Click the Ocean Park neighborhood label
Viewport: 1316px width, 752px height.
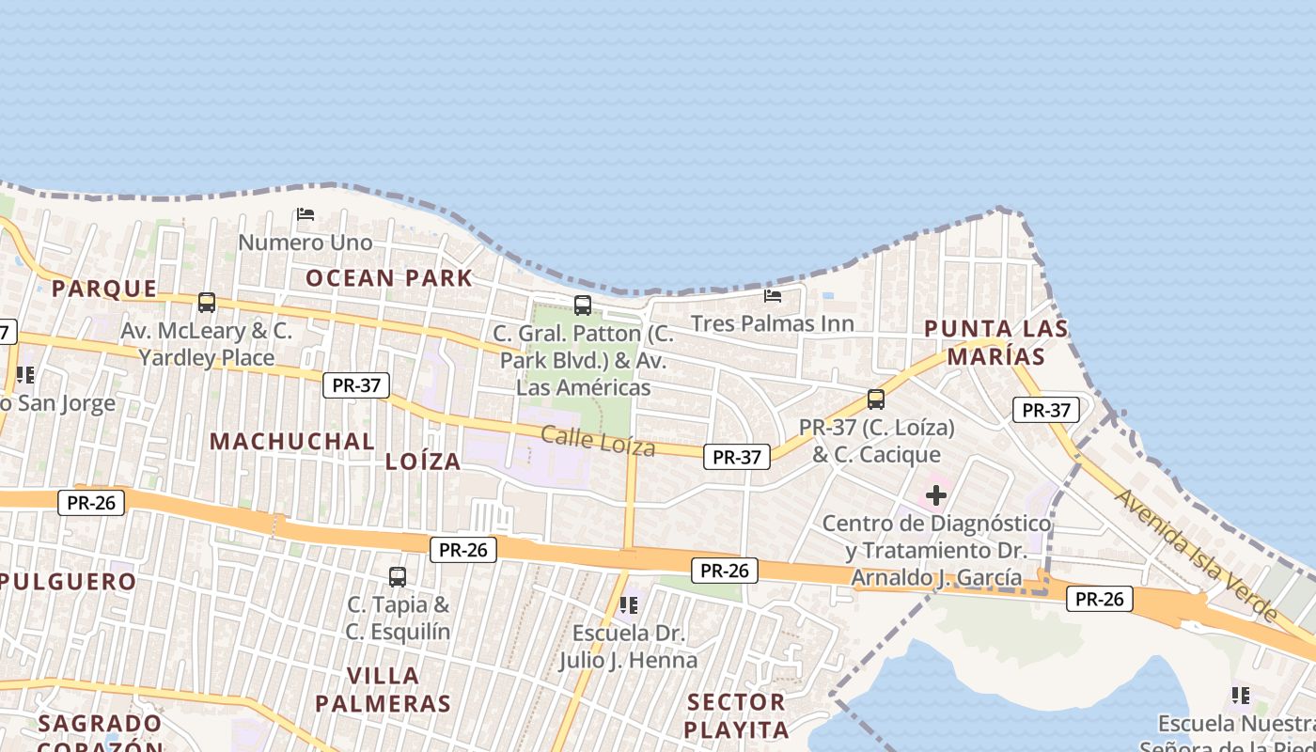pyautogui.click(x=388, y=277)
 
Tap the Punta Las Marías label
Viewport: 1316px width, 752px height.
pyautogui.click(x=996, y=342)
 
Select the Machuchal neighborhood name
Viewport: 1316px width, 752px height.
pyautogui.click(x=291, y=441)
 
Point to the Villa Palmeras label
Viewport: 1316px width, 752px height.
pyautogui.click(x=383, y=689)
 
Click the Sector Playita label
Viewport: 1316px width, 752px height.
pyautogui.click(x=736, y=715)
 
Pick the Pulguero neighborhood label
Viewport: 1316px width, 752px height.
pyautogui.click(x=68, y=581)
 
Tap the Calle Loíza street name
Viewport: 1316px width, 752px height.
pyautogui.click(x=598, y=440)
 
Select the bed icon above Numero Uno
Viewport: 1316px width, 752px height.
pyautogui.click(x=305, y=214)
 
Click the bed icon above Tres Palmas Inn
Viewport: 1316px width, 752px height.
pyautogui.click(x=773, y=295)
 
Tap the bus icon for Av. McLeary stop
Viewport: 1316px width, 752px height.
pyautogui.click(x=207, y=303)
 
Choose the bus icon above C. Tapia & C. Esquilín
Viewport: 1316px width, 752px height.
pyautogui.click(x=398, y=576)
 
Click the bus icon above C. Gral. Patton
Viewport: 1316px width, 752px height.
pyautogui.click(x=583, y=305)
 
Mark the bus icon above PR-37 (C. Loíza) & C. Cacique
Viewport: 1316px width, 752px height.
pyautogui.click(x=876, y=399)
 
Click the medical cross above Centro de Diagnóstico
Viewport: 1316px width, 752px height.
pyautogui.click(x=936, y=494)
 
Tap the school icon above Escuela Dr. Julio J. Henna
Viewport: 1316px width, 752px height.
pyautogui.click(x=628, y=604)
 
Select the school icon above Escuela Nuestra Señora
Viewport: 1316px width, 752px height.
pyautogui.click(x=1240, y=696)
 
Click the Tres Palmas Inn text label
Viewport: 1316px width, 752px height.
pyautogui.click(x=773, y=323)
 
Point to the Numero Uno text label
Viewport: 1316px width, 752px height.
pyautogui.click(x=305, y=243)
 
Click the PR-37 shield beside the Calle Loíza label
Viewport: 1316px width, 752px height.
pyautogui.click(x=736, y=457)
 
